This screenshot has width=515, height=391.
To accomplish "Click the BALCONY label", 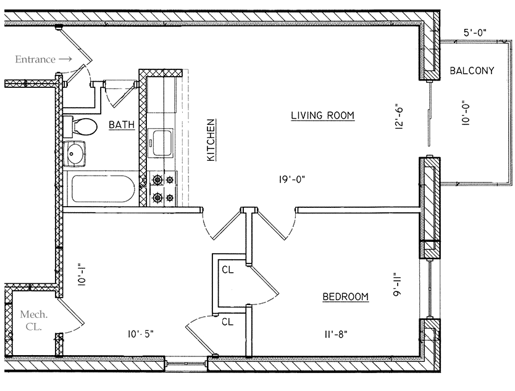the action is point(472,71).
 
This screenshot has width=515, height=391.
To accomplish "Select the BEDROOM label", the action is point(346,297).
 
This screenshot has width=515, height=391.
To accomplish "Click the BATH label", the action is point(122,125).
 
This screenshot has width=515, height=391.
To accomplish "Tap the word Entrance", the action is point(35,59).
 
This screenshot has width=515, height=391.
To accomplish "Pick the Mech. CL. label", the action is point(30,320).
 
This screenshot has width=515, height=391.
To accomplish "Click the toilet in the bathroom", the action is point(81,126).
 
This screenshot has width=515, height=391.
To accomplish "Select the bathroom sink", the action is point(77,154).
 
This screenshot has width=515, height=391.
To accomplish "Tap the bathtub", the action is point(100,189).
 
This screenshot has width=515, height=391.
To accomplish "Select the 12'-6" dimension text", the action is point(400,115).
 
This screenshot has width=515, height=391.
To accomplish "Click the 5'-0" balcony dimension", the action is point(476,33).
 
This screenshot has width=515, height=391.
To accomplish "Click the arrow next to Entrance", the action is point(66,59).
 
